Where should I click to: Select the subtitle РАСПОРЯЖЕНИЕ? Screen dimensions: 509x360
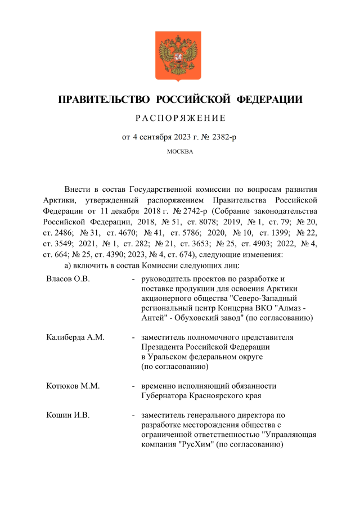pyautogui.click(x=180, y=118)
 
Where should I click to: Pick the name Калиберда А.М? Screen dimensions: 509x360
pyautogui.click(x=75, y=337)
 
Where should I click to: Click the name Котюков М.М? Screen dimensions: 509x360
pyautogui.click(x=73, y=386)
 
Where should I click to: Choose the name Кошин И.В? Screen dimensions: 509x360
pyautogui.click(x=68, y=415)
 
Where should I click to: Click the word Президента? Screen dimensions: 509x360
pyautogui.click(x=165, y=347)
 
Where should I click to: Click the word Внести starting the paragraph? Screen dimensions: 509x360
pyautogui.click(x=77, y=190)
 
